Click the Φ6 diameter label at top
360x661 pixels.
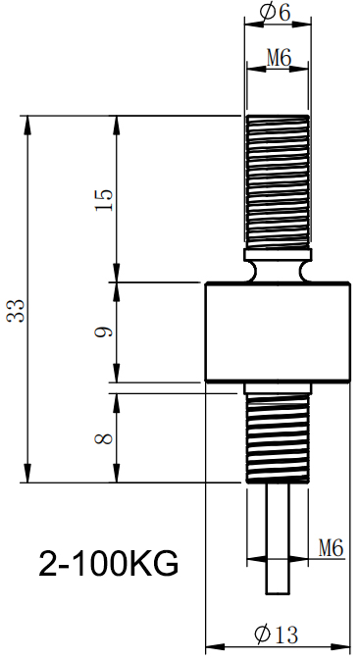click(278, 13)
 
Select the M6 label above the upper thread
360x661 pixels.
click(279, 60)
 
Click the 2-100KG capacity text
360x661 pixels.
click(109, 565)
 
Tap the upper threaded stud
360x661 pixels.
click(278, 181)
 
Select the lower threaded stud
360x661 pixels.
click(278, 435)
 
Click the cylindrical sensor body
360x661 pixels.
click(278, 331)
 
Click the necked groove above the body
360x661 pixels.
click(278, 268)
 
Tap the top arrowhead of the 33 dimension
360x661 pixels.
click(27, 122)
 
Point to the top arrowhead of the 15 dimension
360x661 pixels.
click(117, 122)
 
